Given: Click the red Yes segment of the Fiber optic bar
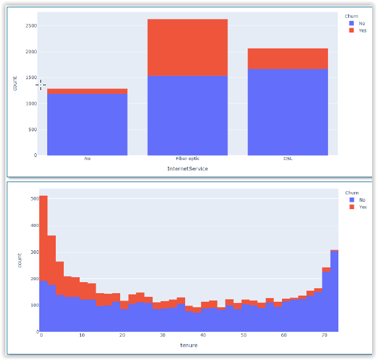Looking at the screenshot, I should (x=188, y=47).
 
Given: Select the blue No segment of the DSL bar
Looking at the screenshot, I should (x=288, y=112).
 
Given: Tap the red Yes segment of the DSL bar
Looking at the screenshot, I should (x=288, y=59).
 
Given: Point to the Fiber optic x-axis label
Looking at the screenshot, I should (x=188, y=159).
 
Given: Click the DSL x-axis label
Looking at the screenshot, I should (x=288, y=159).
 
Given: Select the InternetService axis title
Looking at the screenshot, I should (x=188, y=169).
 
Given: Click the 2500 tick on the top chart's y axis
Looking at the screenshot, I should (x=31, y=26).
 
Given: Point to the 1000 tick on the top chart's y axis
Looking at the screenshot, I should (x=31, y=104).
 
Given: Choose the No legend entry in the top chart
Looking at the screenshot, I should (x=361, y=23).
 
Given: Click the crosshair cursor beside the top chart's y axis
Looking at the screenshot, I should (x=40, y=85).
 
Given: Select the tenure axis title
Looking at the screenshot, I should (x=188, y=345).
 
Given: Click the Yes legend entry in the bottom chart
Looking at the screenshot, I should (x=362, y=207).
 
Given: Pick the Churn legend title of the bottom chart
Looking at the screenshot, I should (x=351, y=193).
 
